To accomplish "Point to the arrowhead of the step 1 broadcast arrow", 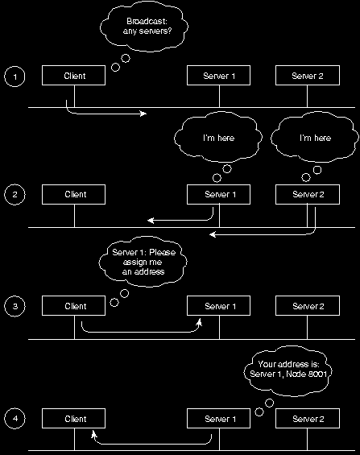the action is coord(144,114).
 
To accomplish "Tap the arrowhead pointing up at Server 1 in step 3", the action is coord(199,321).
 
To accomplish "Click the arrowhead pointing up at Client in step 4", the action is coord(93,434).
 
